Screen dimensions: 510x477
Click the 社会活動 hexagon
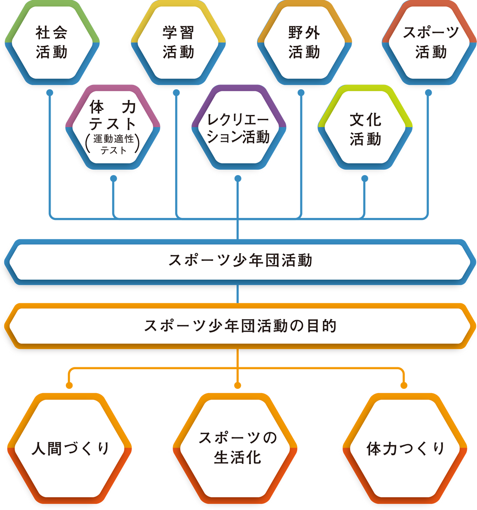click(52, 42)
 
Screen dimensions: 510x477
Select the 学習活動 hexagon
click(178, 42)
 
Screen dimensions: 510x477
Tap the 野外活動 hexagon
click(304, 42)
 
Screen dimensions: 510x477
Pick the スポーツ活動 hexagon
click(431, 42)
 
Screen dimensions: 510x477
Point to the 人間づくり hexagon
click(70, 449)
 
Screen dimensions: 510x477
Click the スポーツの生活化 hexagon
click(237, 449)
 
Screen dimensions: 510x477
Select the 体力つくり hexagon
click(405, 449)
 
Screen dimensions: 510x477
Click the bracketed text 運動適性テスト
click(114, 145)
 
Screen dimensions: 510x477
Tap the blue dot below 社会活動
click(50, 92)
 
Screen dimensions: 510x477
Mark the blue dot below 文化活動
click(365, 178)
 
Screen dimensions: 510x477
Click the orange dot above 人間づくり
click(70, 385)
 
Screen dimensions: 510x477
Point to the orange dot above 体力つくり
click(404, 385)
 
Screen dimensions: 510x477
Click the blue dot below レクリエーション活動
click(238, 178)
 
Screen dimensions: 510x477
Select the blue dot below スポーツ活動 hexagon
click(428, 92)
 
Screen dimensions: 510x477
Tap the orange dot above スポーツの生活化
click(237, 385)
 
